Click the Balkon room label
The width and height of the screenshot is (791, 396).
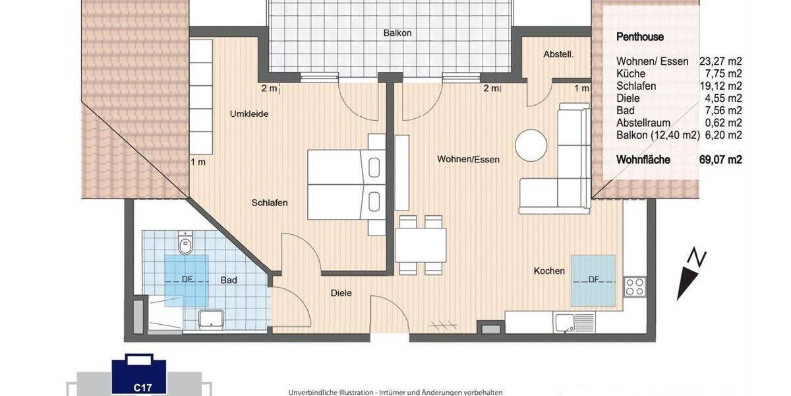point(397,33)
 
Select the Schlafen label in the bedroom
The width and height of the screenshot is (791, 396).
point(270,203)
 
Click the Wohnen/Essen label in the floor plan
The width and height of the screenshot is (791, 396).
point(468,159)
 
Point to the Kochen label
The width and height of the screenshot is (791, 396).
point(549,271)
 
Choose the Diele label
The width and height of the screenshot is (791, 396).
point(341,292)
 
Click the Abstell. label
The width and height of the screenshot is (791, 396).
point(558,55)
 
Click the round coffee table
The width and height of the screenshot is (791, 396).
point(531,145)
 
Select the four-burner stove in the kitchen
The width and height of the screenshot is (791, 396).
point(634,287)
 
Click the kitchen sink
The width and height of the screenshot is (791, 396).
point(566,323)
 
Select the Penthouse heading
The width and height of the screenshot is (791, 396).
point(639,38)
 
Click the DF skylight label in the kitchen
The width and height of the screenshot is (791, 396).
point(593,280)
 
